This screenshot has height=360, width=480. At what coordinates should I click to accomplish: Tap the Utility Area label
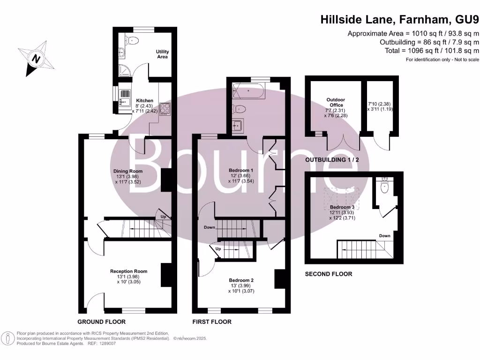pyautogui.click(x=162, y=54)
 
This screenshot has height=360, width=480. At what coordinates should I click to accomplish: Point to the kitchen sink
pyautogui.click(x=125, y=99)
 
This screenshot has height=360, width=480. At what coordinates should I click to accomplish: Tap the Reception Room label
pyautogui.click(x=128, y=271)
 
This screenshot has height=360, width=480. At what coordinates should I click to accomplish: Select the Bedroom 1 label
pyautogui.click(x=241, y=170)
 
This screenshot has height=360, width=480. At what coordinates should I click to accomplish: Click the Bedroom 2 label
pyautogui.click(x=242, y=280)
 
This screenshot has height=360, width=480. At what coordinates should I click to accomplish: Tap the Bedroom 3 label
pyautogui.click(x=342, y=207)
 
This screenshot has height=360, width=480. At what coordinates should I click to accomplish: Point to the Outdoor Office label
pyautogui.click(x=336, y=102)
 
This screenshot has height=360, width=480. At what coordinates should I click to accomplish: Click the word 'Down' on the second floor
pyautogui.click(x=384, y=236)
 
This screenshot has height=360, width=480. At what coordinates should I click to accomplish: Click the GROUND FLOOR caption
pyautogui.click(x=102, y=322)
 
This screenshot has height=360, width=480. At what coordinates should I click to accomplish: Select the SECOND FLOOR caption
pyautogui.click(x=329, y=274)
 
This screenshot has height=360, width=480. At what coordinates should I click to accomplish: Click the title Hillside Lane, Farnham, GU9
pyautogui.click(x=400, y=20)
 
